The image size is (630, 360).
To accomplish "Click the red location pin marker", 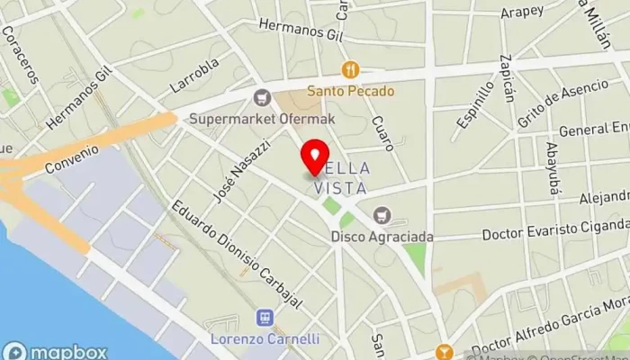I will pyautogui.click(x=314, y=158).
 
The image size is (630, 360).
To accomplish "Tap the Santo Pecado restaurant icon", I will pyautogui.click(x=351, y=69).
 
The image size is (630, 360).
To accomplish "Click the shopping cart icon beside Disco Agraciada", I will pyautogui.click(x=382, y=215).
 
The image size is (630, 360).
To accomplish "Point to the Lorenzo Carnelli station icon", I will pyautogui.click(x=265, y=318).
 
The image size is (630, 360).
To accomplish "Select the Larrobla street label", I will pyautogui.click(x=194, y=76).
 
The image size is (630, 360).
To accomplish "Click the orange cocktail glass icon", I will pyautogui.click(x=443, y=352).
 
